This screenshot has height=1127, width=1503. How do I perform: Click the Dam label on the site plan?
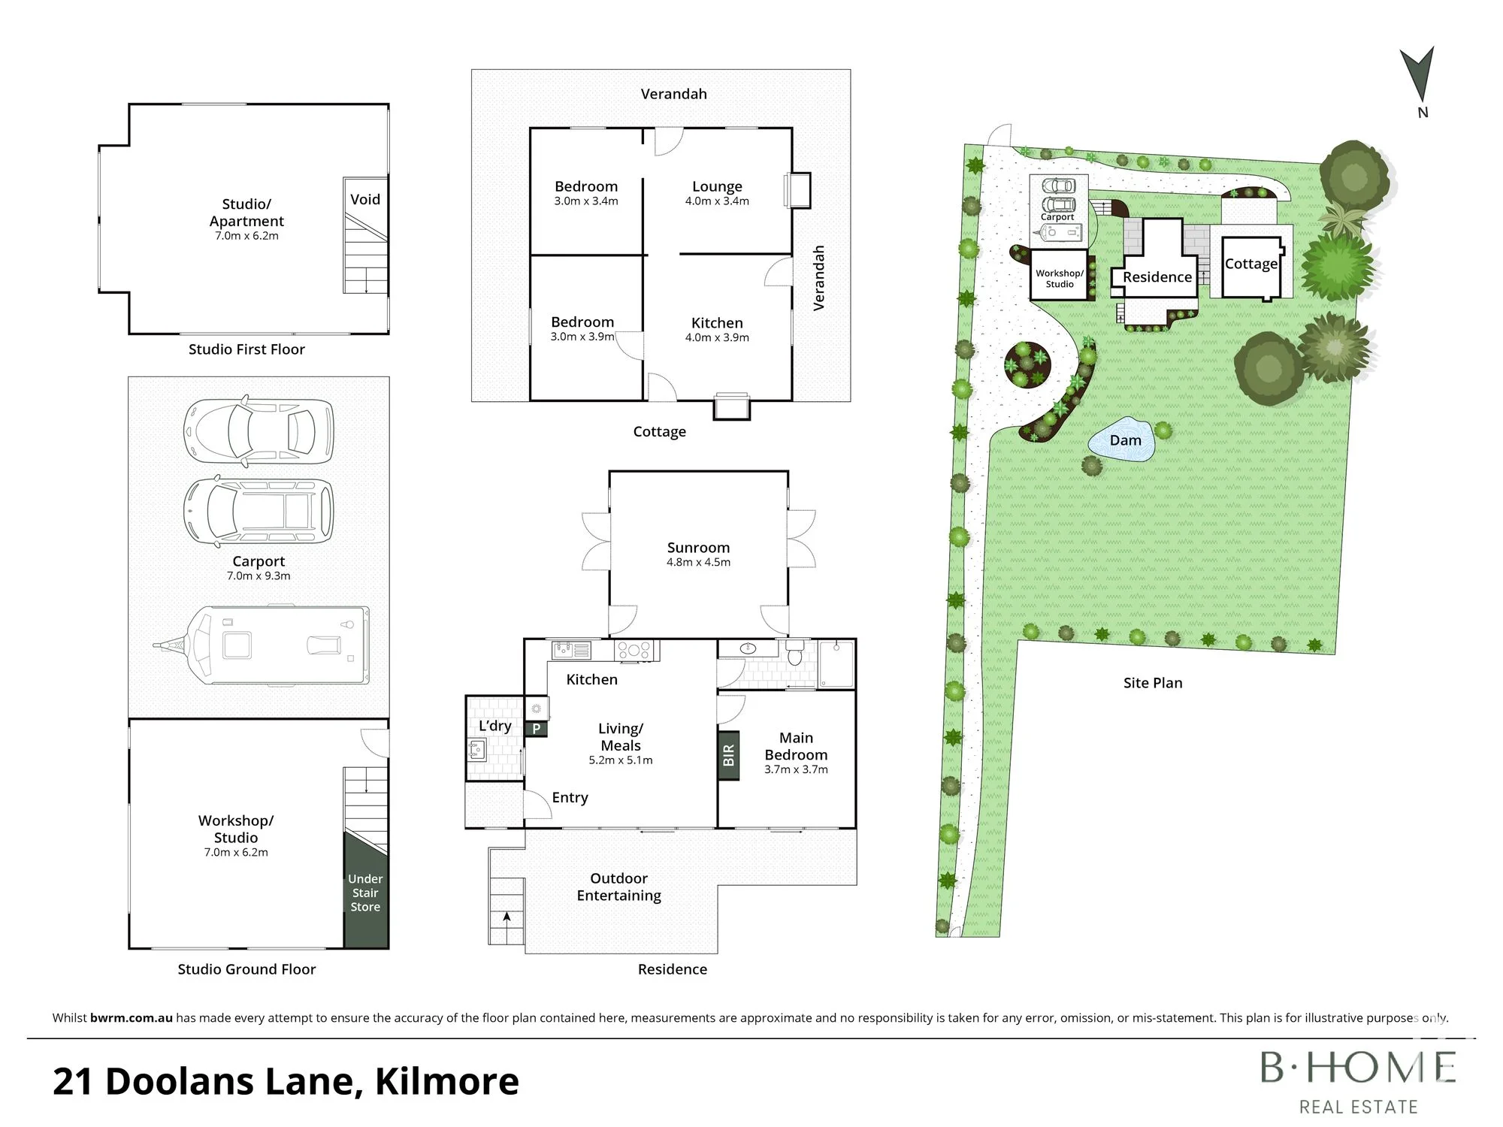(x=1125, y=440)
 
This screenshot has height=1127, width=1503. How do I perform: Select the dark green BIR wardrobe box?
(x=728, y=755)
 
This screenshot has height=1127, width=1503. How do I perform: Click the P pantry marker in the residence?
(x=537, y=728)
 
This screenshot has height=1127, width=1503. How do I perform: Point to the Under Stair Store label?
(x=365, y=893)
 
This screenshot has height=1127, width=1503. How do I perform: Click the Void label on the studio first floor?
(x=365, y=199)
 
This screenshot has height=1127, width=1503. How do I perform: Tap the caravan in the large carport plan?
(x=262, y=645)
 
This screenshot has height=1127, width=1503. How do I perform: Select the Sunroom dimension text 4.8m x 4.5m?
(x=698, y=562)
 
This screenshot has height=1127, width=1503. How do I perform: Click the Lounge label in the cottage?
(x=717, y=186)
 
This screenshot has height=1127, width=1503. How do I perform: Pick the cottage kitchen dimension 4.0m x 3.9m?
(x=717, y=337)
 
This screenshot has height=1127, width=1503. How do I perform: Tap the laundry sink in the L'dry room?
(x=476, y=750)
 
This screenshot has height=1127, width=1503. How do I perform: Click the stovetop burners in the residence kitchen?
(x=634, y=650)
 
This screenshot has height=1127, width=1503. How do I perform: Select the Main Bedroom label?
(x=796, y=746)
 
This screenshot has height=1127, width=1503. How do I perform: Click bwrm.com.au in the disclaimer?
(x=132, y=1018)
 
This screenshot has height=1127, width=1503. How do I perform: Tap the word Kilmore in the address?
(x=447, y=1081)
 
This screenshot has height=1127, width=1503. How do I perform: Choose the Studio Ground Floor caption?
(x=246, y=969)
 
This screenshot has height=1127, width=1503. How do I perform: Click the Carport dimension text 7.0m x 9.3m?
(x=259, y=576)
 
